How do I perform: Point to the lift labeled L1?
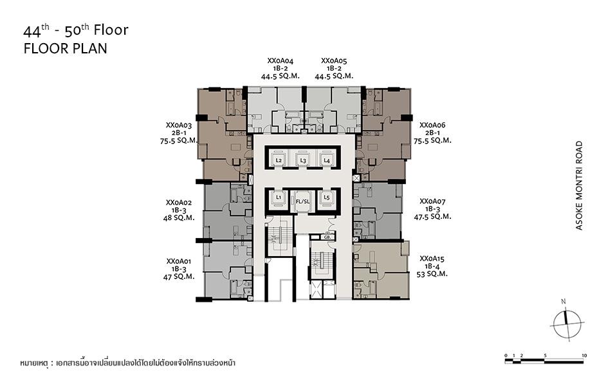coord(279,198)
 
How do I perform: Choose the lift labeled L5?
coord(327,198)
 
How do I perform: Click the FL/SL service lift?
coord(303,201)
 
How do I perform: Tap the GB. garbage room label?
coord(327,236)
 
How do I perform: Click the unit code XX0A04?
coord(281,61)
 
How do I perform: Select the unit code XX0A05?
coord(334,61)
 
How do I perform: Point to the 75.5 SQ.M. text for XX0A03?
coord(179,141)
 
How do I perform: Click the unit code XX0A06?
coord(432,125)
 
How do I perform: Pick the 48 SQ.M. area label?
coord(179,218)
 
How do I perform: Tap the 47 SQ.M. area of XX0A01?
coord(179,277)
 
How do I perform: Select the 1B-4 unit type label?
coord(432,266)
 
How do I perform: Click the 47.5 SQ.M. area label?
coord(432,217)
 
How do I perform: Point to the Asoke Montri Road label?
coord(579,185)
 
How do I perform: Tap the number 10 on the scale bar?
coord(584,355)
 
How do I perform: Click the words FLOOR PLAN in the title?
coord(66,48)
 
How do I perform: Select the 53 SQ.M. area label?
coord(432,274)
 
